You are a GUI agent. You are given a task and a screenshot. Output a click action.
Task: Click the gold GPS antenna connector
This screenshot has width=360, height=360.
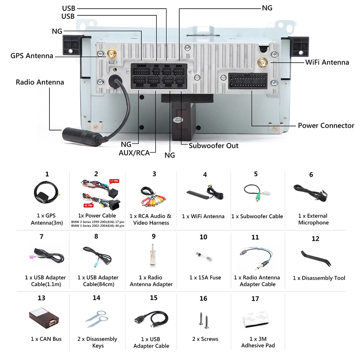point(111,54)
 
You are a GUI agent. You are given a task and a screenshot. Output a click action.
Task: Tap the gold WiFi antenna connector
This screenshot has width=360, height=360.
point(262,63)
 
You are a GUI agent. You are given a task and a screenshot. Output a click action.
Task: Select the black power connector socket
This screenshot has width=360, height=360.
point(248,81)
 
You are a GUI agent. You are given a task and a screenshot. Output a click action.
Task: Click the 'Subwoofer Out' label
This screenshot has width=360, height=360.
point(213,145)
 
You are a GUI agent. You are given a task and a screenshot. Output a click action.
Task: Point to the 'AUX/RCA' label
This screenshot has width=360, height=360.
point(134,153)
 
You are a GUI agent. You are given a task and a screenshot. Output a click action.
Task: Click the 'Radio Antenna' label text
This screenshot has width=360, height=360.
point(40,82)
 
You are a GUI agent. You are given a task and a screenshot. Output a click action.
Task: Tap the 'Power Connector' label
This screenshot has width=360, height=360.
point(326,126)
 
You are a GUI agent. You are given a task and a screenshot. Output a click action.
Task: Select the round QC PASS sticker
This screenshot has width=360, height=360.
point(178,120)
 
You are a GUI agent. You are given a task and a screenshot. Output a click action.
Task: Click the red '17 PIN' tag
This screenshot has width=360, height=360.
point(114,181)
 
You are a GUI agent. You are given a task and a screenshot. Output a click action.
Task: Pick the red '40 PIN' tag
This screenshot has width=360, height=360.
point(88,205)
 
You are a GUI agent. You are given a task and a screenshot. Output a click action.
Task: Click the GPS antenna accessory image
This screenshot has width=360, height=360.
point(46,192)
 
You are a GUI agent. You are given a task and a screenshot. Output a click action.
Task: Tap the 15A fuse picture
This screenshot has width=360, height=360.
point(204,256)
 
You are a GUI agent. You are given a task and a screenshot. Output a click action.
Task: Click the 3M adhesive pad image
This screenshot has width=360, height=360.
point(255,319)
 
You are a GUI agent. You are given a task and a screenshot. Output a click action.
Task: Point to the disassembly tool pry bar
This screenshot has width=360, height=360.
point(316,258)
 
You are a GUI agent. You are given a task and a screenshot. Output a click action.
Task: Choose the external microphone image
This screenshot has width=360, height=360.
point(310,192)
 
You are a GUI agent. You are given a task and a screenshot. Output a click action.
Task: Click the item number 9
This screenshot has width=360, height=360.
point(154,236)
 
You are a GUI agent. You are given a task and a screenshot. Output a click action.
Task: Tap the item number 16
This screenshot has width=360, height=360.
point(203,298)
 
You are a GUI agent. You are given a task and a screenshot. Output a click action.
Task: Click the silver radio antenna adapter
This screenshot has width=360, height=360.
point(152,255)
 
